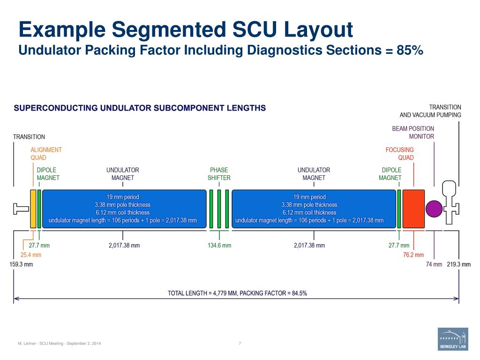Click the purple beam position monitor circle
point(434,209)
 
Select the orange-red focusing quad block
point(413,209)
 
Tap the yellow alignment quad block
point(33,209)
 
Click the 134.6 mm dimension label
point(219,246)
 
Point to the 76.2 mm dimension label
point(413,255)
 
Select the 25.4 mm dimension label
point(31,255)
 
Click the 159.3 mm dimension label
point(22,264)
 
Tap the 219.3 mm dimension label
point(459,264)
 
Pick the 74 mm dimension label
point(434,264)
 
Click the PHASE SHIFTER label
point(219,174)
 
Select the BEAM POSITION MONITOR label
point(413,132)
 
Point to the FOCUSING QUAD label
point(400,154)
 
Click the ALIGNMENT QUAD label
point(46,154)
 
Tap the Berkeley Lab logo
point(453,339)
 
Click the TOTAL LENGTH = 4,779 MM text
point(237,293)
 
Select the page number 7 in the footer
point(240,344)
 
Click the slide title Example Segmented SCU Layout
point(186,30)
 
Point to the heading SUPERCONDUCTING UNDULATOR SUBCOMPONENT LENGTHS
point(140,108)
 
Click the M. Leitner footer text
point(59,344)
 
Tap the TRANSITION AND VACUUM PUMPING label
point(430,111)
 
